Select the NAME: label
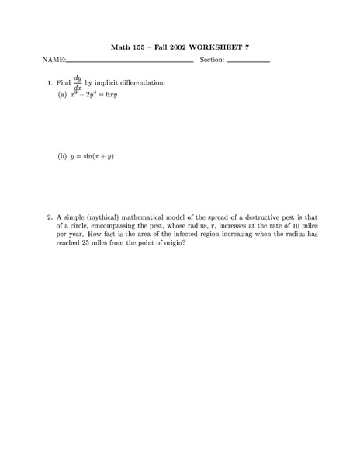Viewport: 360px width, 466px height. click(x=54, y=60)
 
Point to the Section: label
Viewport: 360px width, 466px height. click(x=212, y=60)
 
